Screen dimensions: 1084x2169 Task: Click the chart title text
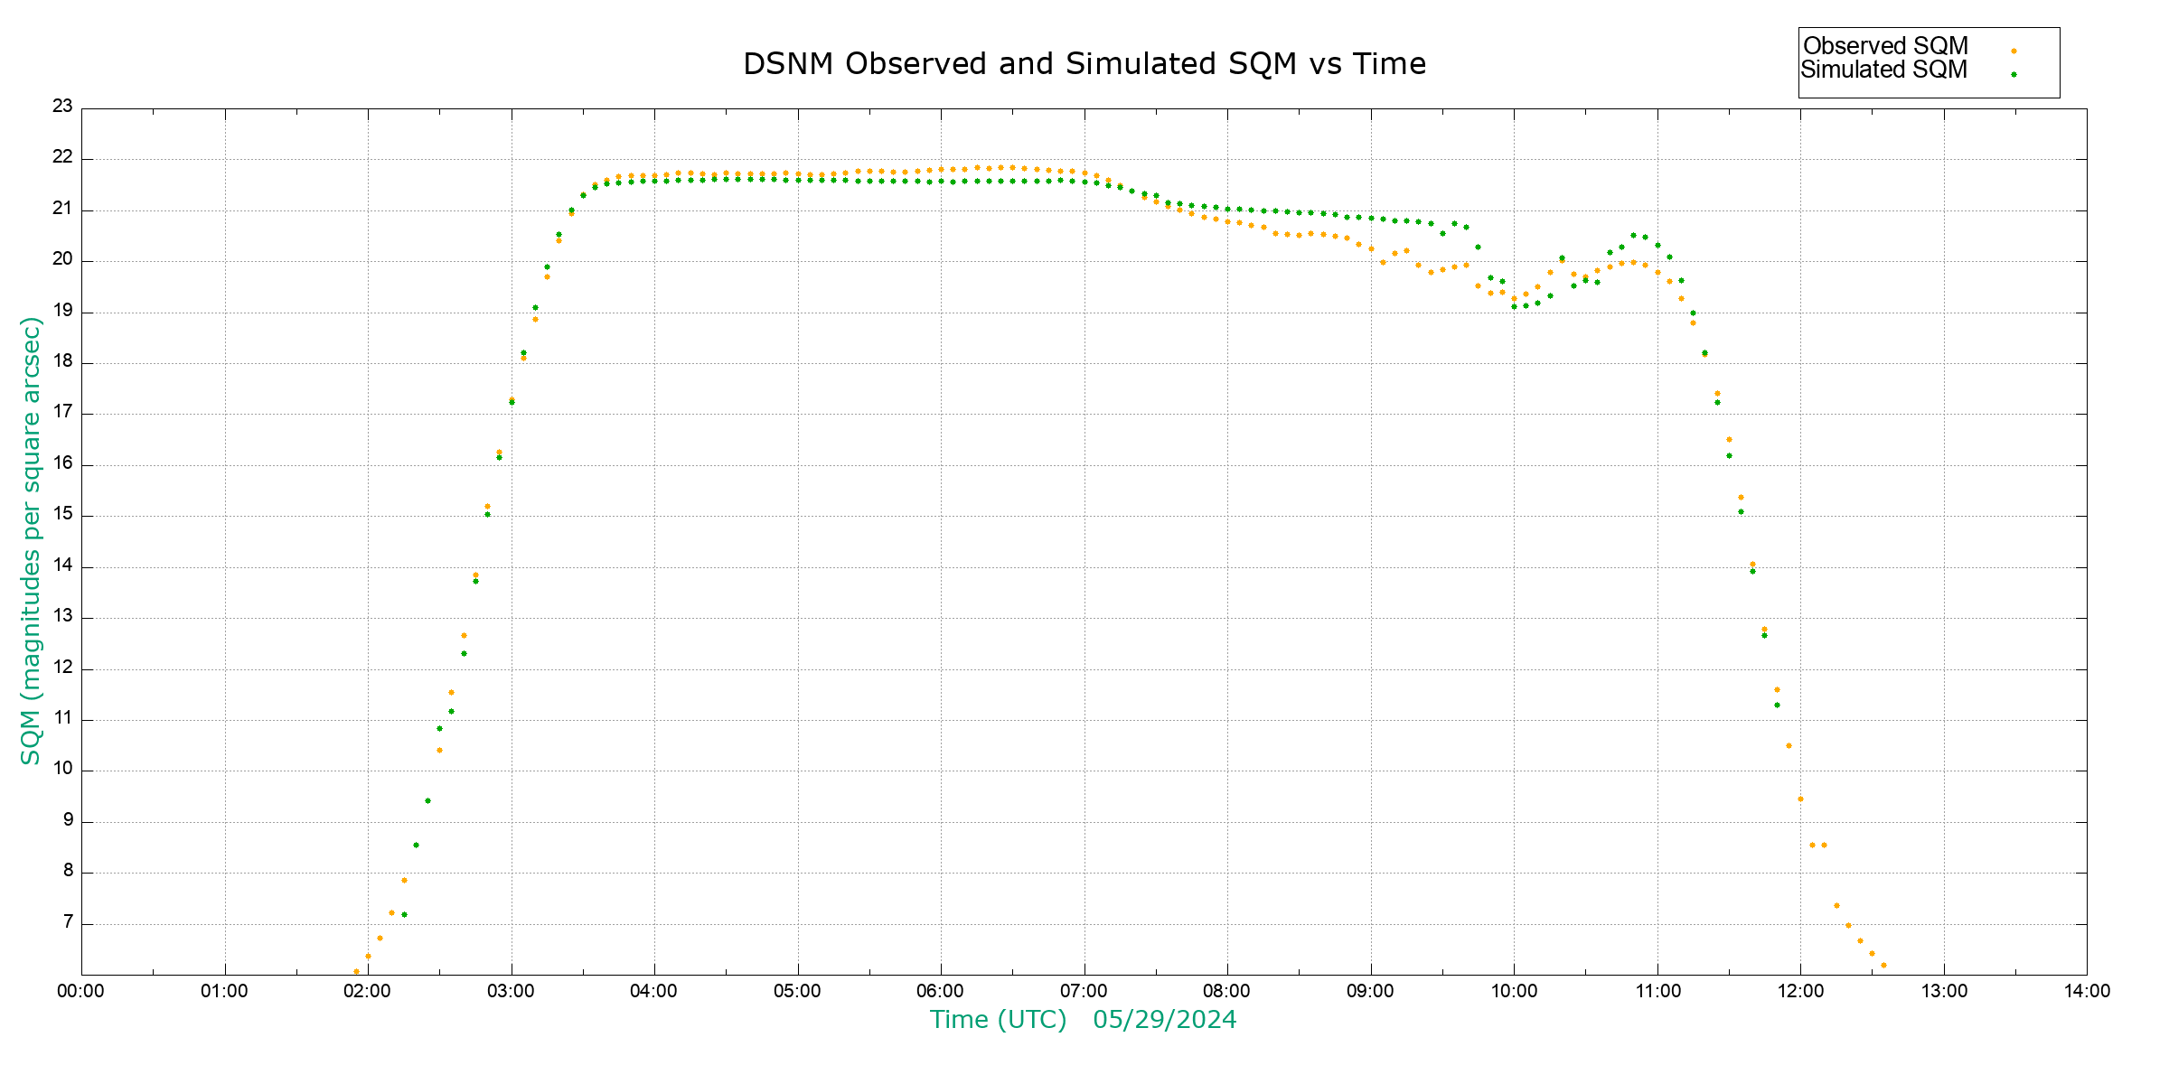point(1084,64)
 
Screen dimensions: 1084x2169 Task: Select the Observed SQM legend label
point(1885,46)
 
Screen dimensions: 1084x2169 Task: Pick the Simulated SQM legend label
point(1883,70)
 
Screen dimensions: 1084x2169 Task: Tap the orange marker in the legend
point(2014,51)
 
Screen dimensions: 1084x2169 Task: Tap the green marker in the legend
point(2014,75)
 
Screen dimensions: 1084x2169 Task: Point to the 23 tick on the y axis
point(62,106)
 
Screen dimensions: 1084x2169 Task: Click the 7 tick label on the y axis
point(68,922)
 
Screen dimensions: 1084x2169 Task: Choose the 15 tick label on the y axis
point(62,514)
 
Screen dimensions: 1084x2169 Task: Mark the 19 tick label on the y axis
point(62,310)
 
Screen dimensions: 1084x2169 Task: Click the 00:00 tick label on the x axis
point(80,991)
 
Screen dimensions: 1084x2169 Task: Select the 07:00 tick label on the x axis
point(1084,991)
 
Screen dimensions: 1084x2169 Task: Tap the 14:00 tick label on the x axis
point(2087,991)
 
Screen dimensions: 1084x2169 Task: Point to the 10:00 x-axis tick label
point(1514,991)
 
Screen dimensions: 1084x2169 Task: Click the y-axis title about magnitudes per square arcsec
point(31,540)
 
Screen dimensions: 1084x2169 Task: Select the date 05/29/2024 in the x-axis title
point(1164,1020)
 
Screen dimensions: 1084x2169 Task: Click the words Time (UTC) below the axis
point(998,1020)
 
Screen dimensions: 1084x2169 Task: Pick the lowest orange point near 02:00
point(356,971)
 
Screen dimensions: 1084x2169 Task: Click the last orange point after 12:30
point(1883,965)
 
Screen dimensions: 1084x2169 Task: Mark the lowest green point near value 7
point(404,914)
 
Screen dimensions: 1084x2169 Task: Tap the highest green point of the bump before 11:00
point(1633,236)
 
